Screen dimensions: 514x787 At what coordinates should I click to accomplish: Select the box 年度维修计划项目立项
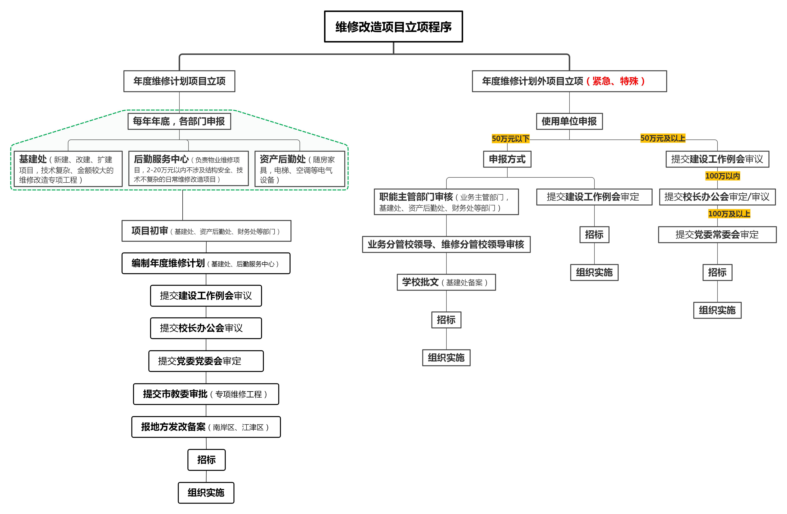pos(179,81)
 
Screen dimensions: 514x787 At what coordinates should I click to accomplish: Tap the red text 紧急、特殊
pos(615,81)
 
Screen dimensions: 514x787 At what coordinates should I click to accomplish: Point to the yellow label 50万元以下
pos(511,139)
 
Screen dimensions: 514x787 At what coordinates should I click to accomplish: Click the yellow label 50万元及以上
pos(663,138)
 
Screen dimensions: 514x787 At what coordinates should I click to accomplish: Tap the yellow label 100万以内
pos(723,176)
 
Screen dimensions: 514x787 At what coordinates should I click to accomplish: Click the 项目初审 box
pos(206,231)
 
